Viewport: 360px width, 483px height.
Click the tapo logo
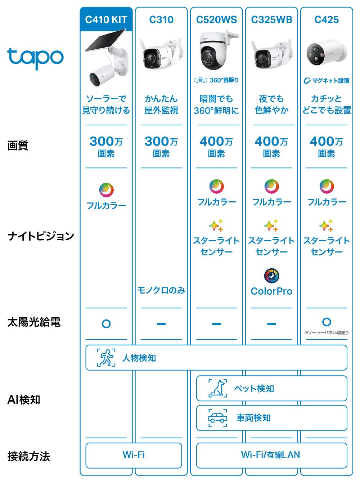tap(35, 58)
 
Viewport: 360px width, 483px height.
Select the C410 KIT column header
tap(106, 19)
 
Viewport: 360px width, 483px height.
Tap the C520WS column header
tap(216, 19)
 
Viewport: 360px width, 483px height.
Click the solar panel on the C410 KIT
tap(105, 40)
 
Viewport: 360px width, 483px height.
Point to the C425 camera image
tap(327, 53)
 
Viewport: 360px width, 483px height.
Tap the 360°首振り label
tap(216, 80)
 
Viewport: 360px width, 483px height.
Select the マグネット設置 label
tap(327, 81)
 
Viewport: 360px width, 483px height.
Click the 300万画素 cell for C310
tap(161, 147)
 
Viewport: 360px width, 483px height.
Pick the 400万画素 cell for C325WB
tap(271, 147)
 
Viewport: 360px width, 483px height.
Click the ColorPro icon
tap(271, 276)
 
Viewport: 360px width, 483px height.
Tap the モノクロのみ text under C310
tap(161, 290)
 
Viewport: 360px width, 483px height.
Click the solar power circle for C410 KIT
tap(106, 324)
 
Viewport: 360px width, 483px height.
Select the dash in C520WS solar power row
tap(216, 324)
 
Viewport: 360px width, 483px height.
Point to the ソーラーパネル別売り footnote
tap(327, 332)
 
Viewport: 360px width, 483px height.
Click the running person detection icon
tap(106, 358)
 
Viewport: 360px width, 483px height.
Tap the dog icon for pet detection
tap(218, 388)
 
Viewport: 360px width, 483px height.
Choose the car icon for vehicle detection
tap(218, 418)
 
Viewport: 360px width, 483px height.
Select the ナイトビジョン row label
tap(41, 236)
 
